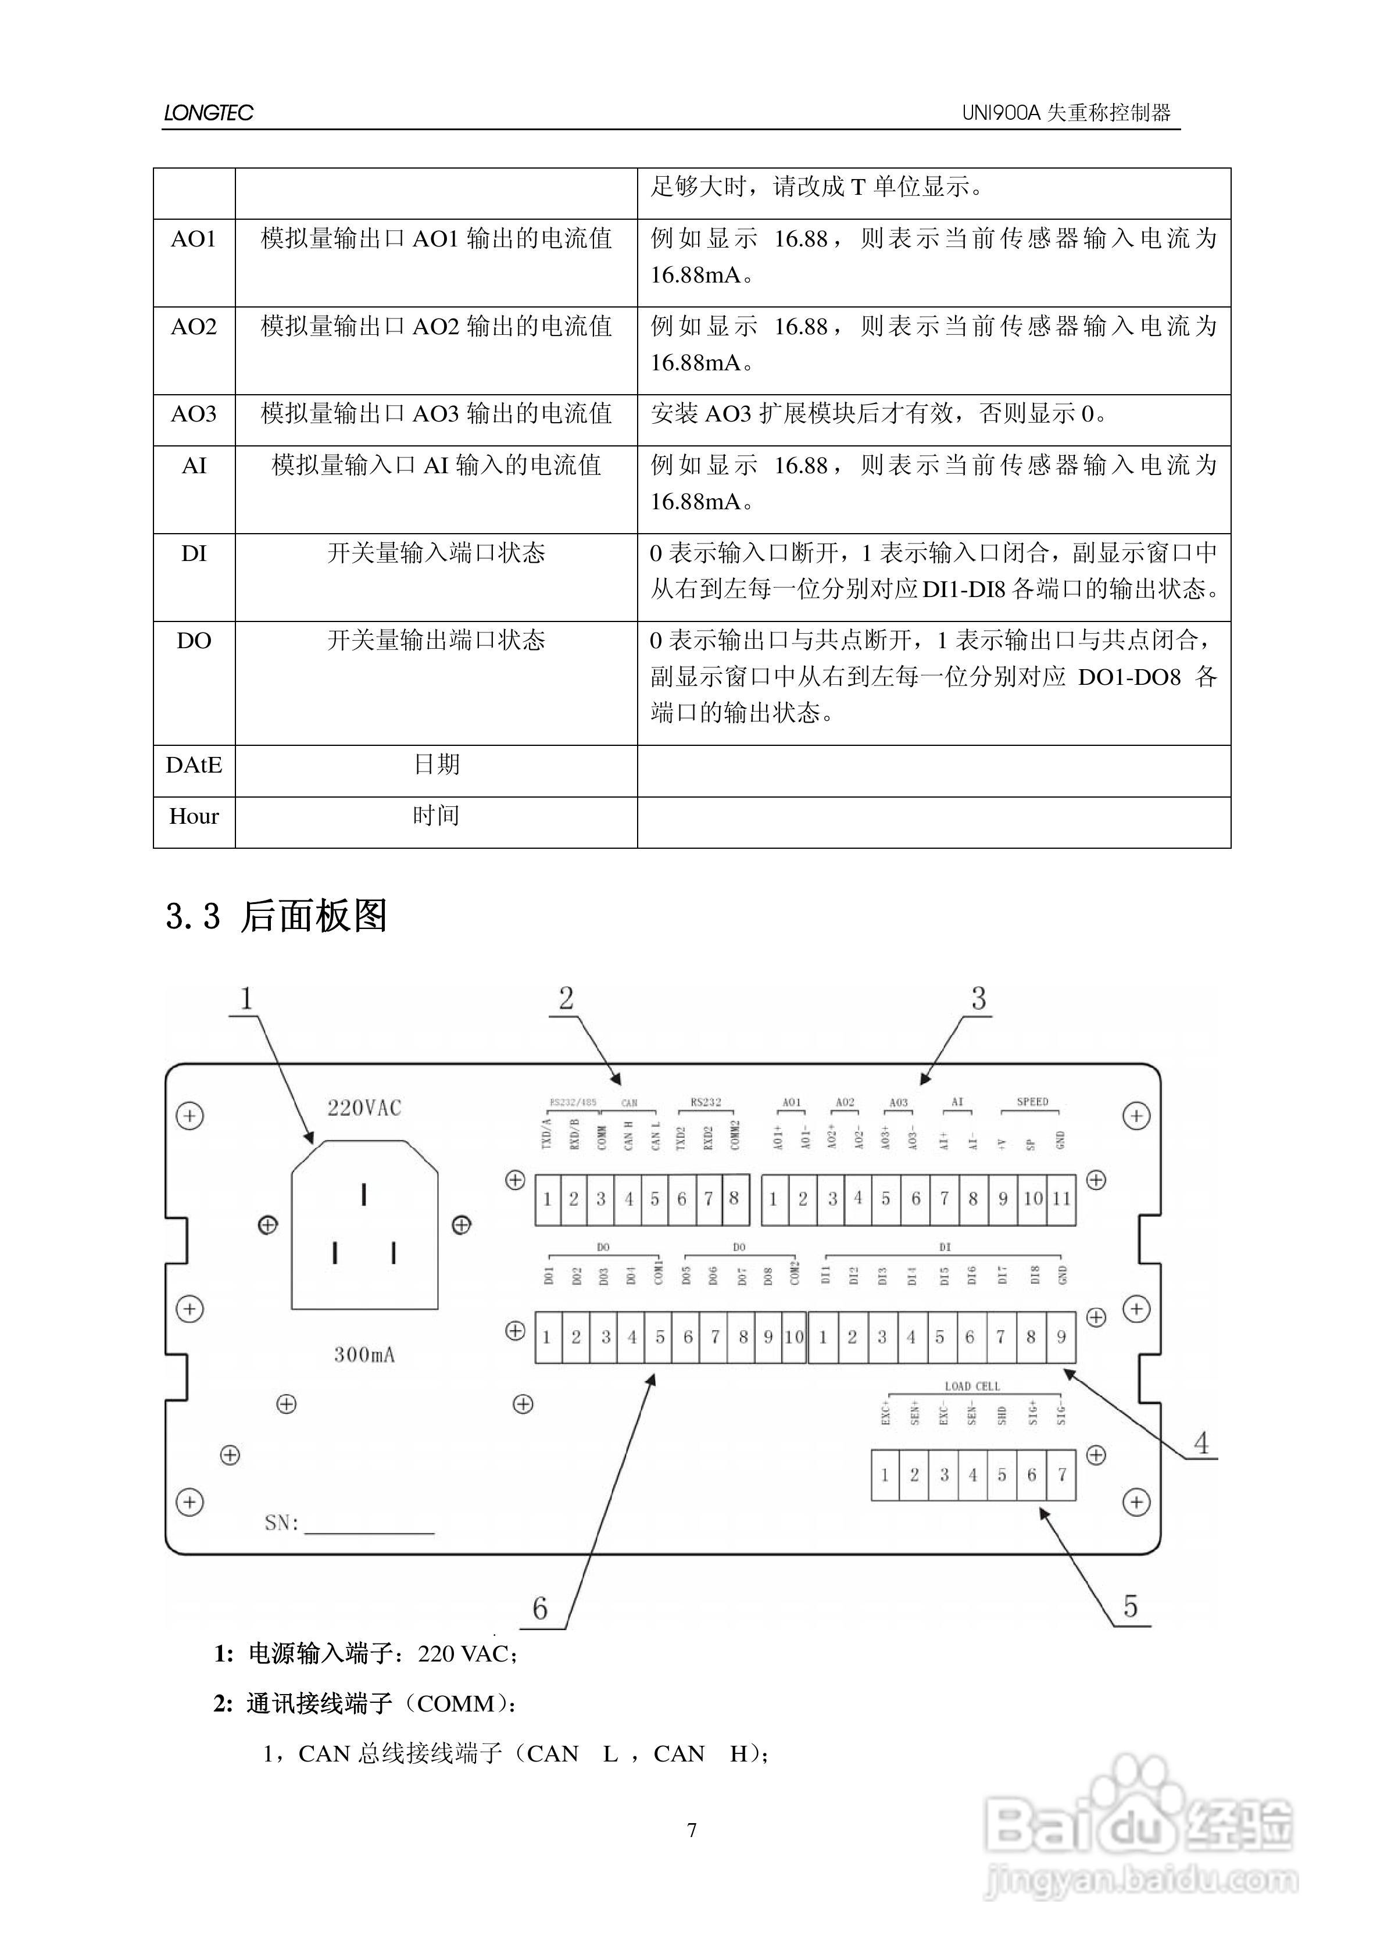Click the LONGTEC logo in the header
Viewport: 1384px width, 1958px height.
coord(208,113)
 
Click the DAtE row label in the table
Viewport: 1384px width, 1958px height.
coord(194,765)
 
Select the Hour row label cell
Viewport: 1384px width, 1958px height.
coord(194,817)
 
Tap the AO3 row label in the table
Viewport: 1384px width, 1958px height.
coord(194,415)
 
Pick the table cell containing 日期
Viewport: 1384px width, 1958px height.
coord(436,765)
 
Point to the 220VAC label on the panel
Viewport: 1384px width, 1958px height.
coord(364,1108)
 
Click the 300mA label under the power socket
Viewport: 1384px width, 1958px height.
coord(364,1354)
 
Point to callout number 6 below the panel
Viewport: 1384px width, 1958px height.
coord(540,1609)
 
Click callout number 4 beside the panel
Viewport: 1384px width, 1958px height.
coord(1201,1443)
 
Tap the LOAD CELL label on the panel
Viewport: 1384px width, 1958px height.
coord(972,1387)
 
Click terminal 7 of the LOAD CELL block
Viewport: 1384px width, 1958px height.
coord(1061,1474)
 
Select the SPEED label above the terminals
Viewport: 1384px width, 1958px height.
coord(1032,1102)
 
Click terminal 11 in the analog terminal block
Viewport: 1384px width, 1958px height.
coord(1061,1199)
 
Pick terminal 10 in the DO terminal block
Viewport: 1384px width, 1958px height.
coord(794,1337)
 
